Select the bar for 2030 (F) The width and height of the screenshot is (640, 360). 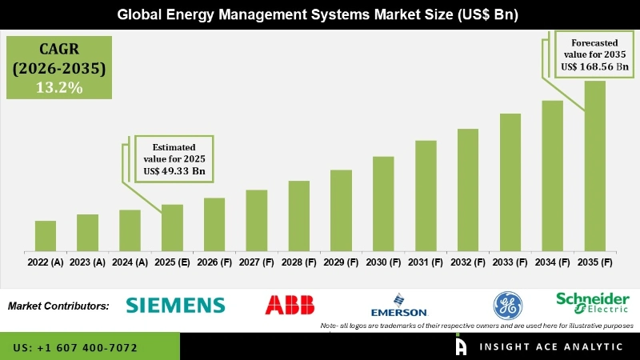383,204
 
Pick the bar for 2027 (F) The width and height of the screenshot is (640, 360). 256,221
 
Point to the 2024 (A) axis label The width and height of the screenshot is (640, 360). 130,262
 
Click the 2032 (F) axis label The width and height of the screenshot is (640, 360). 468,262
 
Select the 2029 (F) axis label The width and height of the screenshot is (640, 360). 341,262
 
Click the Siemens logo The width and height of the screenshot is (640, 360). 176,305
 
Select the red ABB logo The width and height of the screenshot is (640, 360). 290,305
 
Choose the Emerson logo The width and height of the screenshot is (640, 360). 398,307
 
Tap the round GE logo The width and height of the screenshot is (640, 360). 506,305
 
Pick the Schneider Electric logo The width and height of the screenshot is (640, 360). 594,302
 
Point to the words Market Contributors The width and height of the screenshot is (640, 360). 58,306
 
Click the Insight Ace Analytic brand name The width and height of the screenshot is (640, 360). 551,347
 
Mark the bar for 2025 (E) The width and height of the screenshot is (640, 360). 172,228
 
